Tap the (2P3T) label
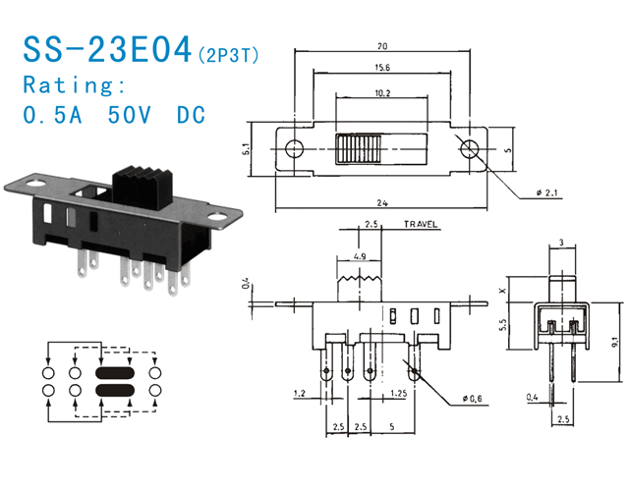(228, 54)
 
